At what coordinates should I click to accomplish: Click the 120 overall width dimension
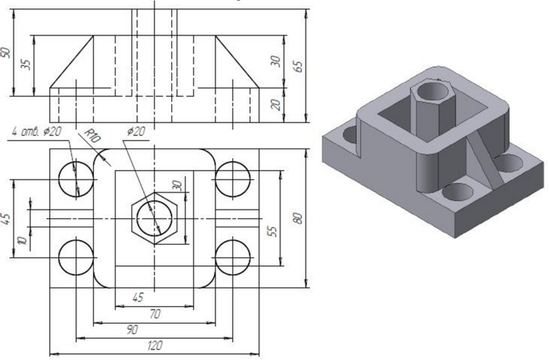click(154, 346)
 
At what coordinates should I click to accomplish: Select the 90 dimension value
click(132, 329)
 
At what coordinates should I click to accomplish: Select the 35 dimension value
click(25, 64)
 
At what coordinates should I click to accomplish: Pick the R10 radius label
click(91, 137)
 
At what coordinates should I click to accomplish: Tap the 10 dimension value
click(21, 239)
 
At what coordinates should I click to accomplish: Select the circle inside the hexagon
click(155, 218)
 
